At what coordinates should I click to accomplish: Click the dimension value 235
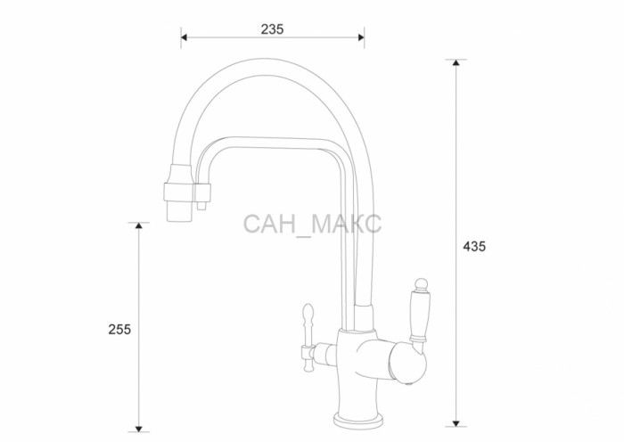tap(272, 29)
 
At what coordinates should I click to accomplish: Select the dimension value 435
tap(474, 247)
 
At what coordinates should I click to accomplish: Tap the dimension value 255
tap(119, 330)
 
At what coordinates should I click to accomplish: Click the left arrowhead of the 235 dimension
tap(184, 37)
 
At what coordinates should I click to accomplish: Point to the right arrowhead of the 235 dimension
tap(361, 37)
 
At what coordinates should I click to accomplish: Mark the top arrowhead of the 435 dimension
tap(456, 62)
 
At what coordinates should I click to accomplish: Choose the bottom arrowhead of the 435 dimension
tap(456, 423)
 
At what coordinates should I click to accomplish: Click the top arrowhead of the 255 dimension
tap(138, 225)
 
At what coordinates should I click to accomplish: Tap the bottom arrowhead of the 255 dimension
tap(138, 429)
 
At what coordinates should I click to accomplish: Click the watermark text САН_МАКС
tap(312, 225)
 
